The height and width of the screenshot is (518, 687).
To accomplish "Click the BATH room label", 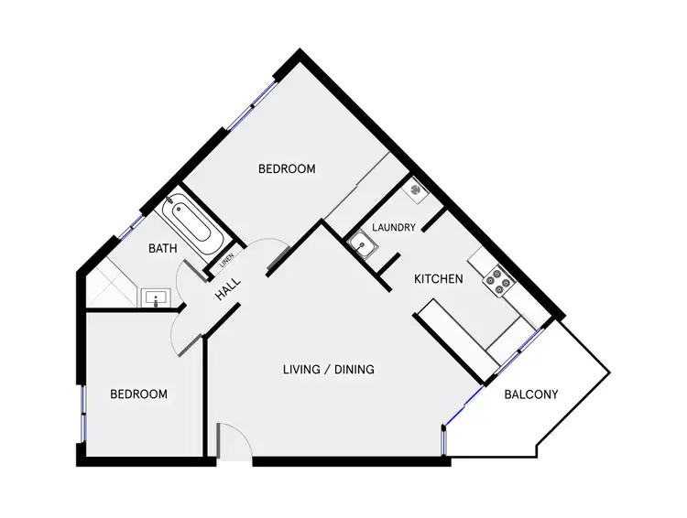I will point(162,247).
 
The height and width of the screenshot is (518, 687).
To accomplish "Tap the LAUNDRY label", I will point(395,227).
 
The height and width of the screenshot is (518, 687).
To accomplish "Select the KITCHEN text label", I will point(439,279).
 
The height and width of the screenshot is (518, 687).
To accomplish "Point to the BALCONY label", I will point(531,395).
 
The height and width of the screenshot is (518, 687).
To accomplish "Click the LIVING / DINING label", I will point(328,370).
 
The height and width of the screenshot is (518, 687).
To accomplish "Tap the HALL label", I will point(228,291).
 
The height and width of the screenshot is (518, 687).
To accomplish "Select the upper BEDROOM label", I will point(287,168).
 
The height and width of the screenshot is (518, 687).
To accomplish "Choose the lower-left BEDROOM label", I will point(138,394).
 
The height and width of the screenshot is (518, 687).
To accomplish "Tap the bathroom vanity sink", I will point(155,297).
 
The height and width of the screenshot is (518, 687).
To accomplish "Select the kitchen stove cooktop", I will point(501,281).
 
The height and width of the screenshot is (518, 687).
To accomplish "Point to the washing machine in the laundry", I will point(416,190).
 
